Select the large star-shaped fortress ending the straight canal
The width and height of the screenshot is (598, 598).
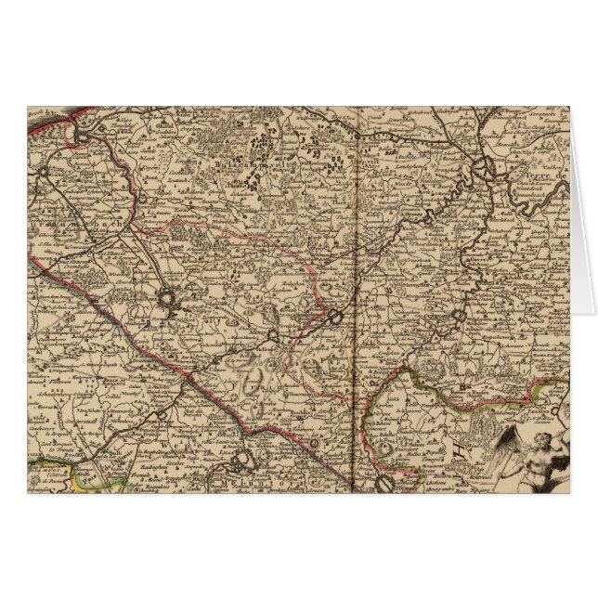[x=169, y=300]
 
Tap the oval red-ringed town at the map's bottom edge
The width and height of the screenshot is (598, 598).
[x=383, y=482]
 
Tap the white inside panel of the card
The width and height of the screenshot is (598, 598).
[x=583, y=232]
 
